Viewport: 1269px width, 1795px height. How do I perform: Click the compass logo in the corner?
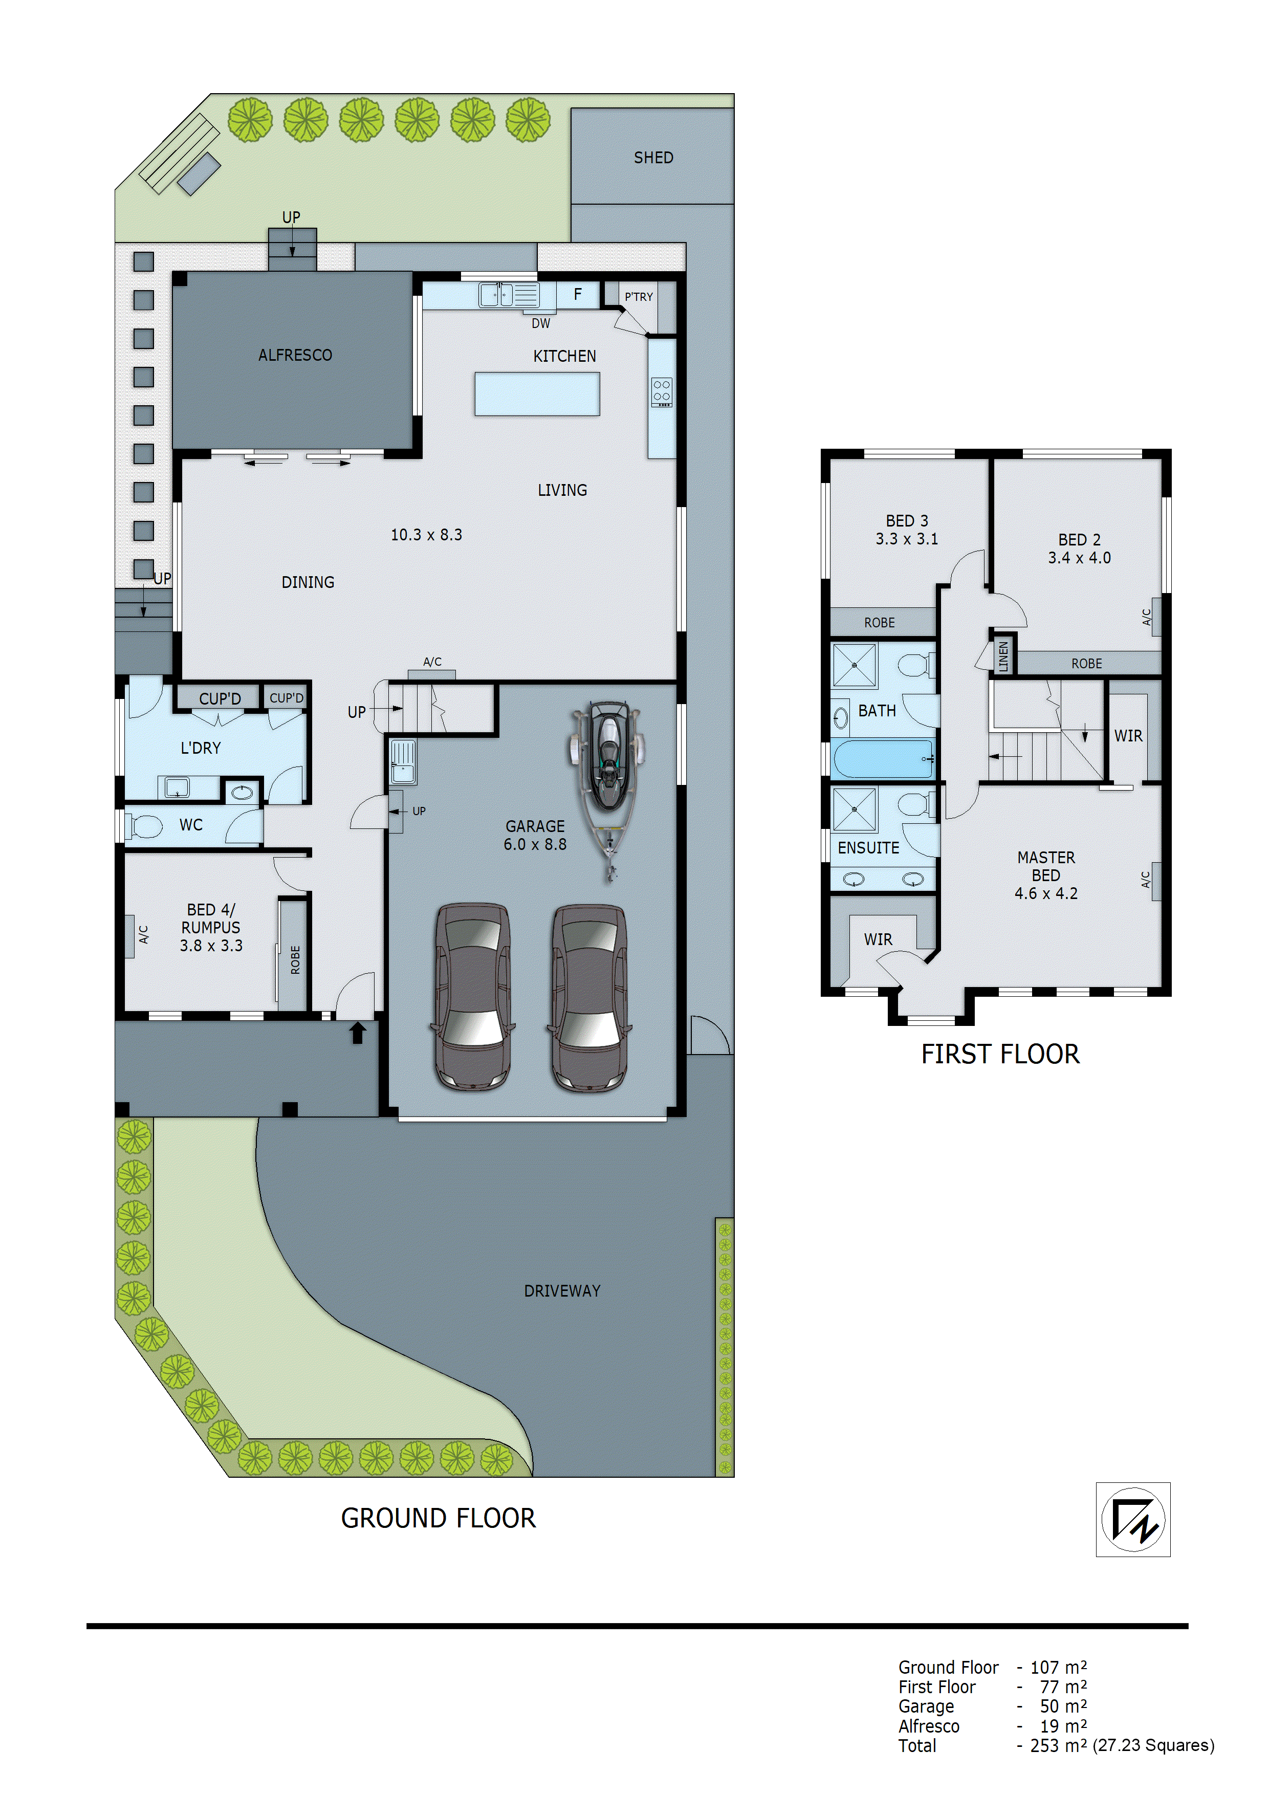(x=1132, y=1519)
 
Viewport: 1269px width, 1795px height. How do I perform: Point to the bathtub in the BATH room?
(x=883, y=758)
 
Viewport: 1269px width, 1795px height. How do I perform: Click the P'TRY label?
(x=638, y=297)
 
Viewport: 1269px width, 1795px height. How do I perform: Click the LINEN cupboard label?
(x=1003, y=656)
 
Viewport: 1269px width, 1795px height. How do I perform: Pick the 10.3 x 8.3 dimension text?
(x=426, y=535)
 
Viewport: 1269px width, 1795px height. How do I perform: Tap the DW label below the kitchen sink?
(x=540, y=323)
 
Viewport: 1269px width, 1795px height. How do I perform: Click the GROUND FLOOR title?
(x=438, y=1518)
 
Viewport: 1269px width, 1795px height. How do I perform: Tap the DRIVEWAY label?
(x=561, y=1291)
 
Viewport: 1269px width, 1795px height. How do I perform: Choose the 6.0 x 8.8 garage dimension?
(x=535, y=844)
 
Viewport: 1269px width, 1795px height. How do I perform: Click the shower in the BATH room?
(x=854, y=665)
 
